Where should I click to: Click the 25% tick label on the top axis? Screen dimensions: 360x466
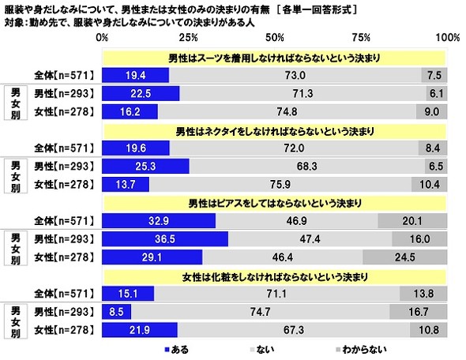tap(188, 38)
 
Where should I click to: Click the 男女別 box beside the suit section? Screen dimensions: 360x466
tap(14, 103)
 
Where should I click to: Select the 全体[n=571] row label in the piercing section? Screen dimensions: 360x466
tap(64, 220)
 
